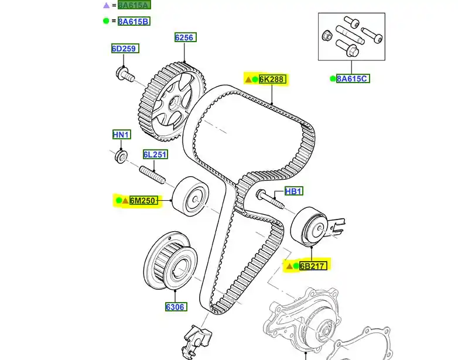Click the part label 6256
coord(184,38)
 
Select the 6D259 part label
coord(125,49)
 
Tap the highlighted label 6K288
coord(273,79)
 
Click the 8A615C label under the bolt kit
coord(353,78)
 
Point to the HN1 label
coord(121,135)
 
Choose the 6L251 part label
coord(155,155)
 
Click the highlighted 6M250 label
coord(143,201)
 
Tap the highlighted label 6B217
coord(313,266)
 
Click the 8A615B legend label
coord(134,22)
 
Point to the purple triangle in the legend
coord(106,5)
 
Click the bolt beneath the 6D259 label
coord(125,74)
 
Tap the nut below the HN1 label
coord(121,156)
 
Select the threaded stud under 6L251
coord(152,174)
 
